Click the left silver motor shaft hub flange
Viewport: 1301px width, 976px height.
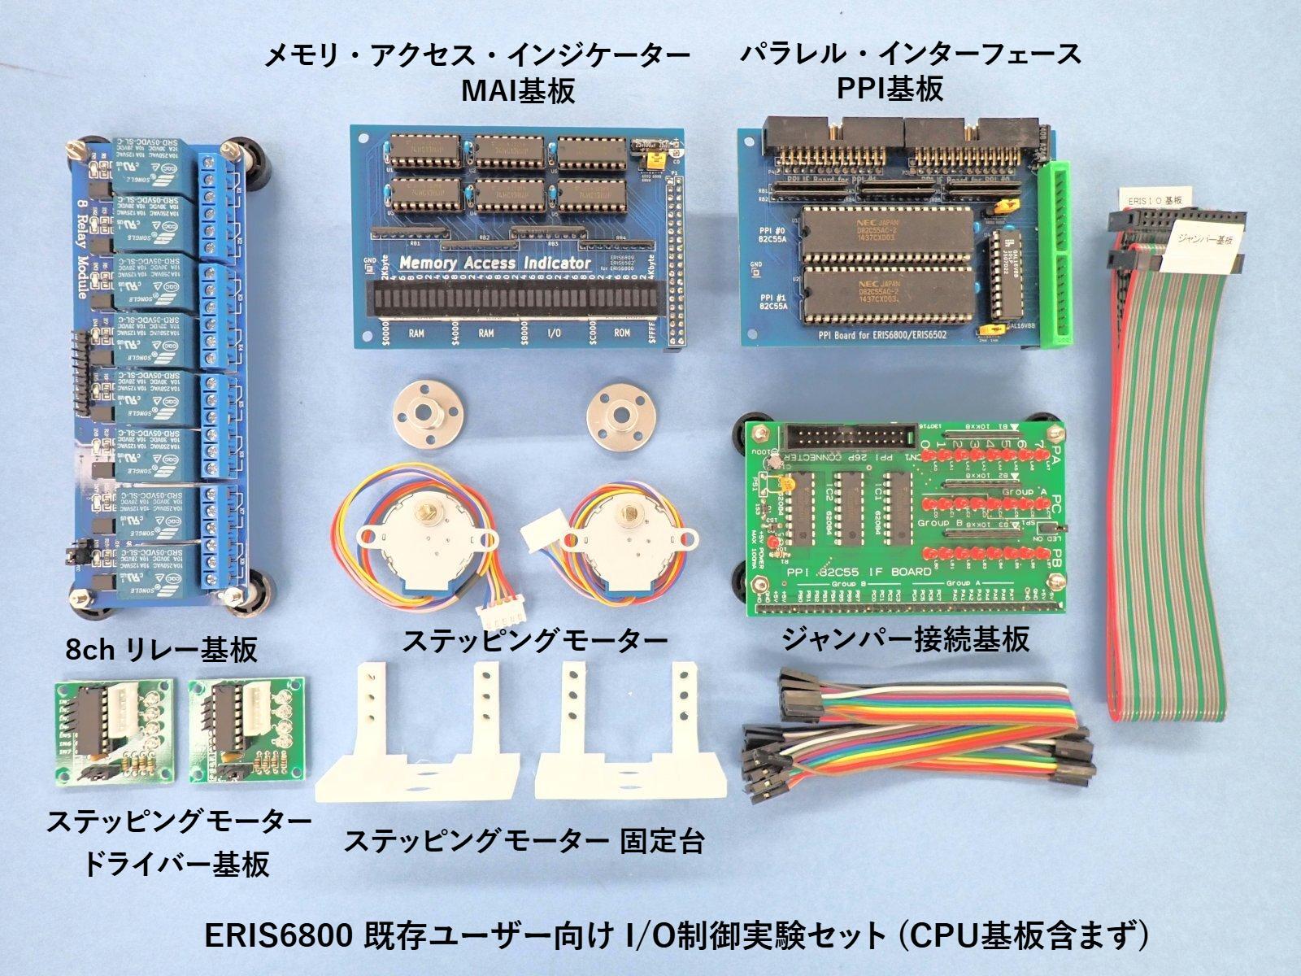tap(424, 414)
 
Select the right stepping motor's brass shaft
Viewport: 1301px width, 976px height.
tap(629, 513)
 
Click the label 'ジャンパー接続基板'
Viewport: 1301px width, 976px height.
tap(905, 639)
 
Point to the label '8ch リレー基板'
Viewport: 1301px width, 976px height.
tap(162, 648)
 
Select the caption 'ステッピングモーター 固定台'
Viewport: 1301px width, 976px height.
tap(524, 840)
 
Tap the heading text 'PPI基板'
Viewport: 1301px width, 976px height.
tap(890, 87)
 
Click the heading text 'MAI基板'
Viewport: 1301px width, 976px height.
tap(517, 90)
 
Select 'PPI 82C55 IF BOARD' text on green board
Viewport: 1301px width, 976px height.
tap(859, 572)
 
